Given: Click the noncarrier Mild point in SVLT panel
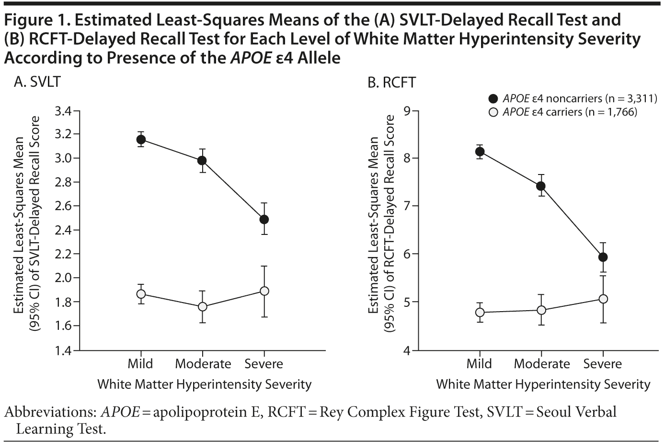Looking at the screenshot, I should [x=141, y=140].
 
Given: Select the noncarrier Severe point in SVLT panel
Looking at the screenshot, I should [x=264, y=220].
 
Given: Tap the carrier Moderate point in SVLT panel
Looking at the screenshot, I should [x=202, y=306].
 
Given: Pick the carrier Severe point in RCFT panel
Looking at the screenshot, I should [x=603, y=299].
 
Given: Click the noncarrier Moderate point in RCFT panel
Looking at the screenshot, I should [x=541, y=186].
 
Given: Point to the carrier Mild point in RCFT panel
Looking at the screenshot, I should [x=479, y=313].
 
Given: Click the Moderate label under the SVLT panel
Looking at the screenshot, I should [x=203, y=364].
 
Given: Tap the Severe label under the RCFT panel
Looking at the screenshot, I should [x=602, y=364].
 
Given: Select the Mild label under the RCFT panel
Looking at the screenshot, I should [x=479, y=364].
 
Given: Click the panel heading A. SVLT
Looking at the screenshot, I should [x=37, y=82].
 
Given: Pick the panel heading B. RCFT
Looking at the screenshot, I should [x=391, y=82].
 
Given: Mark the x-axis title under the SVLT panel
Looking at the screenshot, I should [x=204, y=384].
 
